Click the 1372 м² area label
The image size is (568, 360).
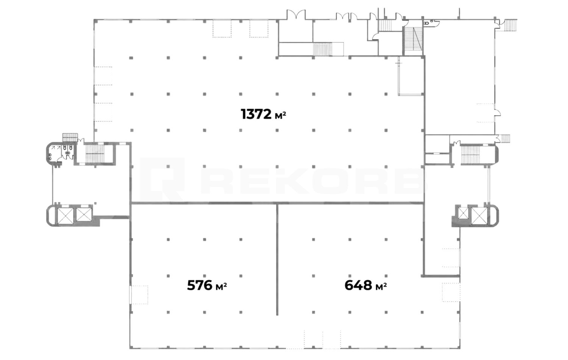[264, 114]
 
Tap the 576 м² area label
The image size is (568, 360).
[207, 285]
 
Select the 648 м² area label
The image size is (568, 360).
[366, 285]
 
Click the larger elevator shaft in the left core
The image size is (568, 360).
[66, 216]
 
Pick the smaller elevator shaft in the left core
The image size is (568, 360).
[84, 214]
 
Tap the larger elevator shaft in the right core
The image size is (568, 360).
[479, 216]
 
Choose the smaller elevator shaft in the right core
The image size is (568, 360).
[463, 213]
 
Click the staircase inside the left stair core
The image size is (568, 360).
[95, 153]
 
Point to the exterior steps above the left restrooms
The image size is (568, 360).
[70, 138]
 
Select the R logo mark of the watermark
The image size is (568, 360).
[162, 179]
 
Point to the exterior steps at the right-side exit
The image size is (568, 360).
[506, 139]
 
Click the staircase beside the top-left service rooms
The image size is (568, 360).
[323, 49]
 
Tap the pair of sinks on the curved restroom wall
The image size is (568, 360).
[50, 157]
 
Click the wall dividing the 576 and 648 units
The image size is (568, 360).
[277, 259]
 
